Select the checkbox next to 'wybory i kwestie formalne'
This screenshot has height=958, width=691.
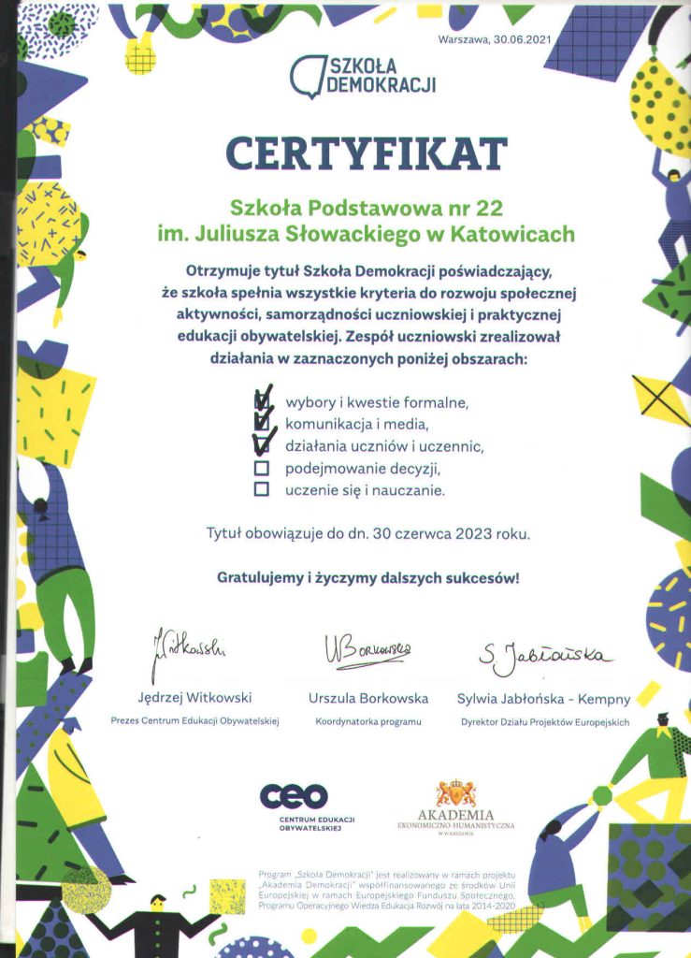[262, 401]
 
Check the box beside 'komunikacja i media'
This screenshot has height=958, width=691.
[262, 423]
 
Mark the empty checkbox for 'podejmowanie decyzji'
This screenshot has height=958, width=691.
[262, 467]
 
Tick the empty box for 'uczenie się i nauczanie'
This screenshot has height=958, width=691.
[262, 488]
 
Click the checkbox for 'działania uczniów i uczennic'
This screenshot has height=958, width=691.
[262, 445]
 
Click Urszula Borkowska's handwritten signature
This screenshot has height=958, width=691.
[367, 647]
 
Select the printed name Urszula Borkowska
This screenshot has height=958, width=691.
[368, 698]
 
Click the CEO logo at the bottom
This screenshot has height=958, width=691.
[295, 796]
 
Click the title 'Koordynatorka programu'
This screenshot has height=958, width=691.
[368, 722]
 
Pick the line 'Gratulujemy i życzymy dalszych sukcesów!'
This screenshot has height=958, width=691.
[367, 577]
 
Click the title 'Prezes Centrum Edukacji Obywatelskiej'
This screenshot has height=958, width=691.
[194, 722]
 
